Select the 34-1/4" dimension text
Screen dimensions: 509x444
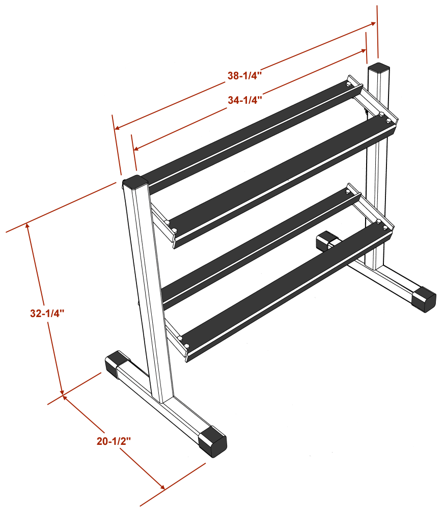[244, 100]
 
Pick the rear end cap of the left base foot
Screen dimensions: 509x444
[115, 363]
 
